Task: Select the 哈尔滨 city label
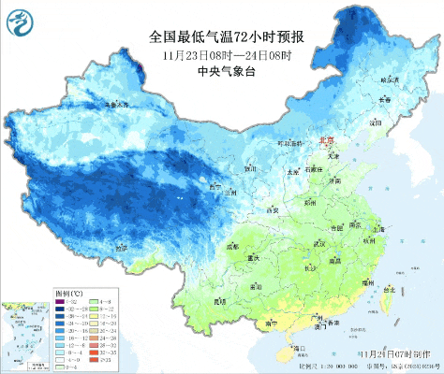(x=387, y=80)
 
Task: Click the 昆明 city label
(x=221, y=301)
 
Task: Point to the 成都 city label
(x=232, y=246)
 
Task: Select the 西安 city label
(x=274, y=210)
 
